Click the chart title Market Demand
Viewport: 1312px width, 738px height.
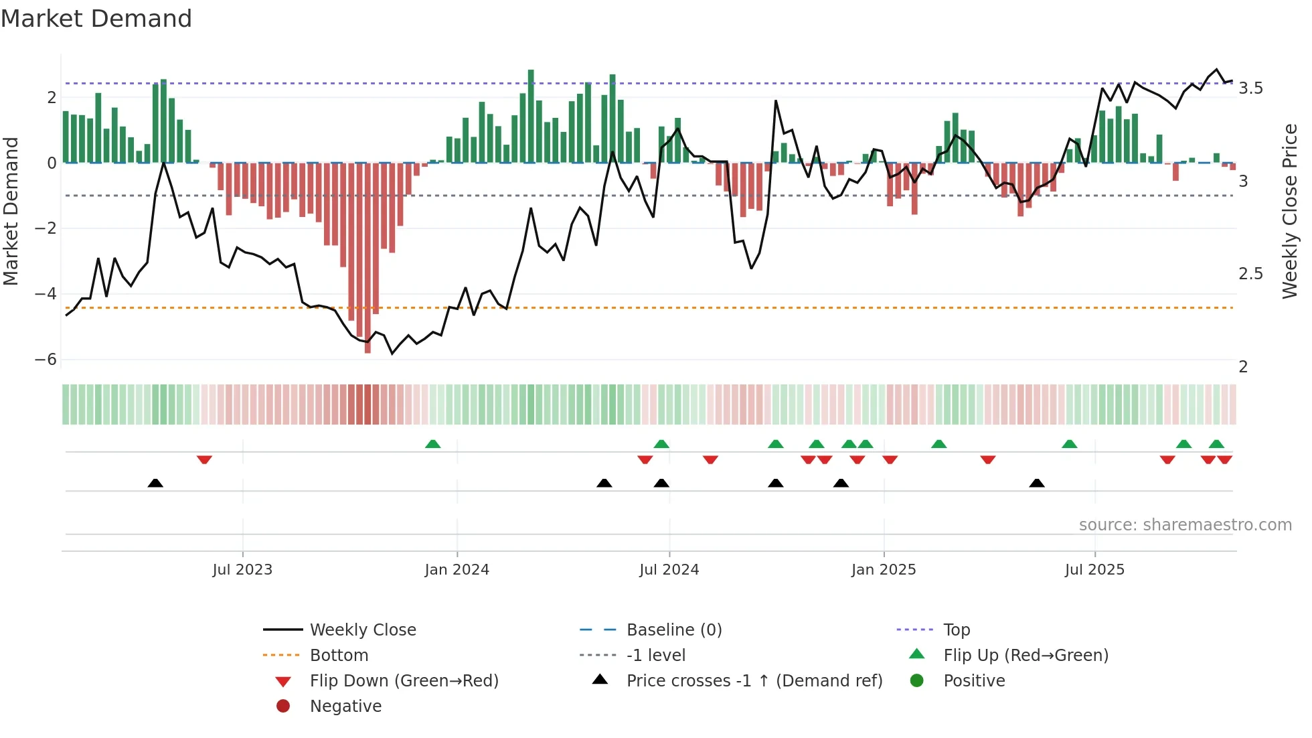point(96,19)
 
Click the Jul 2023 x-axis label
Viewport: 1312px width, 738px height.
point(242,570)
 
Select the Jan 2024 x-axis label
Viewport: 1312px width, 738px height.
point(457,570)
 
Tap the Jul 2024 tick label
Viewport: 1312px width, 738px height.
point(669,570)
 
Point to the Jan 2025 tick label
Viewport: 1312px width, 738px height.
point(883,570)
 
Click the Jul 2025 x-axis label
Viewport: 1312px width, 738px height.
point(1094,570)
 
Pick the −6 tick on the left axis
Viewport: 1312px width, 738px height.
point(46,360)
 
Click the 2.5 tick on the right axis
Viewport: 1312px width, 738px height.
point(1250,274)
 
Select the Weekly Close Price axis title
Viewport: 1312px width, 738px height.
point(1289,211)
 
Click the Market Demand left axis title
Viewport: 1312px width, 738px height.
point(11,211)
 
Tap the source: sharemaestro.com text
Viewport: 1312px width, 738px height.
point(1185,525)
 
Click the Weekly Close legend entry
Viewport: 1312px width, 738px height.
point(362,630)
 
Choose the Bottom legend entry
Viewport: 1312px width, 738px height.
point(339,656)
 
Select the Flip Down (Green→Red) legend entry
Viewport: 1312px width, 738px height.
point(404,681)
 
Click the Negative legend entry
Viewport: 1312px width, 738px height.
point(345,707)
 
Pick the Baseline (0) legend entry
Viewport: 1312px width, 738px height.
point(673,630)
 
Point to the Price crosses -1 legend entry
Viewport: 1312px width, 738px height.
point(754,681)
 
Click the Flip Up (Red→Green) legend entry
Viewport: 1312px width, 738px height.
point(1026,656)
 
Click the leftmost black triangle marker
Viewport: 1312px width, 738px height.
point(155,483)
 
